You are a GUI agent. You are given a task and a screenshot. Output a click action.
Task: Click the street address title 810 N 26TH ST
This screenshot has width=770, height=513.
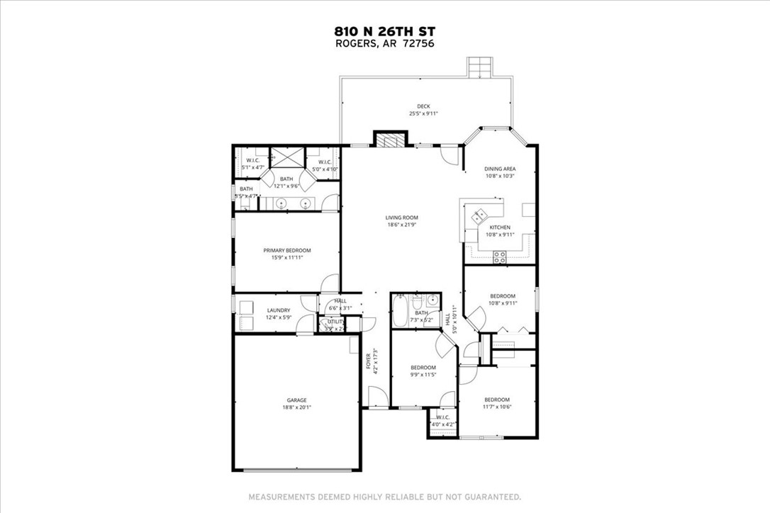pyautogui.click(x=384, y=31)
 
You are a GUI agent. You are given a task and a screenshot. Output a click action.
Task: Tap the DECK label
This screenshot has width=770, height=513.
pyautogui.click(x=423, y=106)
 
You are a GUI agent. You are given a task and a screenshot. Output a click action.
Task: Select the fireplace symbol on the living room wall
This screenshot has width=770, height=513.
pyautogui.click(x=389, y=140)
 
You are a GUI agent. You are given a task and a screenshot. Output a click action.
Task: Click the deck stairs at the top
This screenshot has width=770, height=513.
pyautogui.click(x=480, y=67)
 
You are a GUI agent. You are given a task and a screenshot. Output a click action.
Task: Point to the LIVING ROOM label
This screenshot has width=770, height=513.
pyautogui.click(x=402, y=218)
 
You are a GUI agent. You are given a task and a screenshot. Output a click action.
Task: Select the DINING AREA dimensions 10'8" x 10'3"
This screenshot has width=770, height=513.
pyautogui.click(x=499, y=176)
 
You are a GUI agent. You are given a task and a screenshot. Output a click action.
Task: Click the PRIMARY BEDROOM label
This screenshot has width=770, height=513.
pyautogui.click(x=286, y=250)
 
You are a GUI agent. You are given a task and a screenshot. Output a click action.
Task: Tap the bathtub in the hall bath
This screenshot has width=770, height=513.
pyautogui.click(x=398, y=312)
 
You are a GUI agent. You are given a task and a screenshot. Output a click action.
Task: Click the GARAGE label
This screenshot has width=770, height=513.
pyautogui.click(x=296, y=400)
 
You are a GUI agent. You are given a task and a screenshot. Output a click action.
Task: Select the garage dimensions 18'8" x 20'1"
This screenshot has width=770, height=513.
pyautogui.click(x=296, y=408)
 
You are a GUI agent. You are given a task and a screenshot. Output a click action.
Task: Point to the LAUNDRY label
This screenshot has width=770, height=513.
pyautogui.click(x=278, y=310)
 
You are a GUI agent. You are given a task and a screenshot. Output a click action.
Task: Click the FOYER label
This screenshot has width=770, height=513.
pyautogui.click(x=369, y=361)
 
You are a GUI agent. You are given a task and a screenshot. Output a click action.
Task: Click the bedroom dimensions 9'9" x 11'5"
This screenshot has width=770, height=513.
pyautogui.click(x=423, y=375)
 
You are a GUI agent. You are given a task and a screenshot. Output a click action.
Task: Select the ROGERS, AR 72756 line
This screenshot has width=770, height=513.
pyautogui.click(x=384, y=43)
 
